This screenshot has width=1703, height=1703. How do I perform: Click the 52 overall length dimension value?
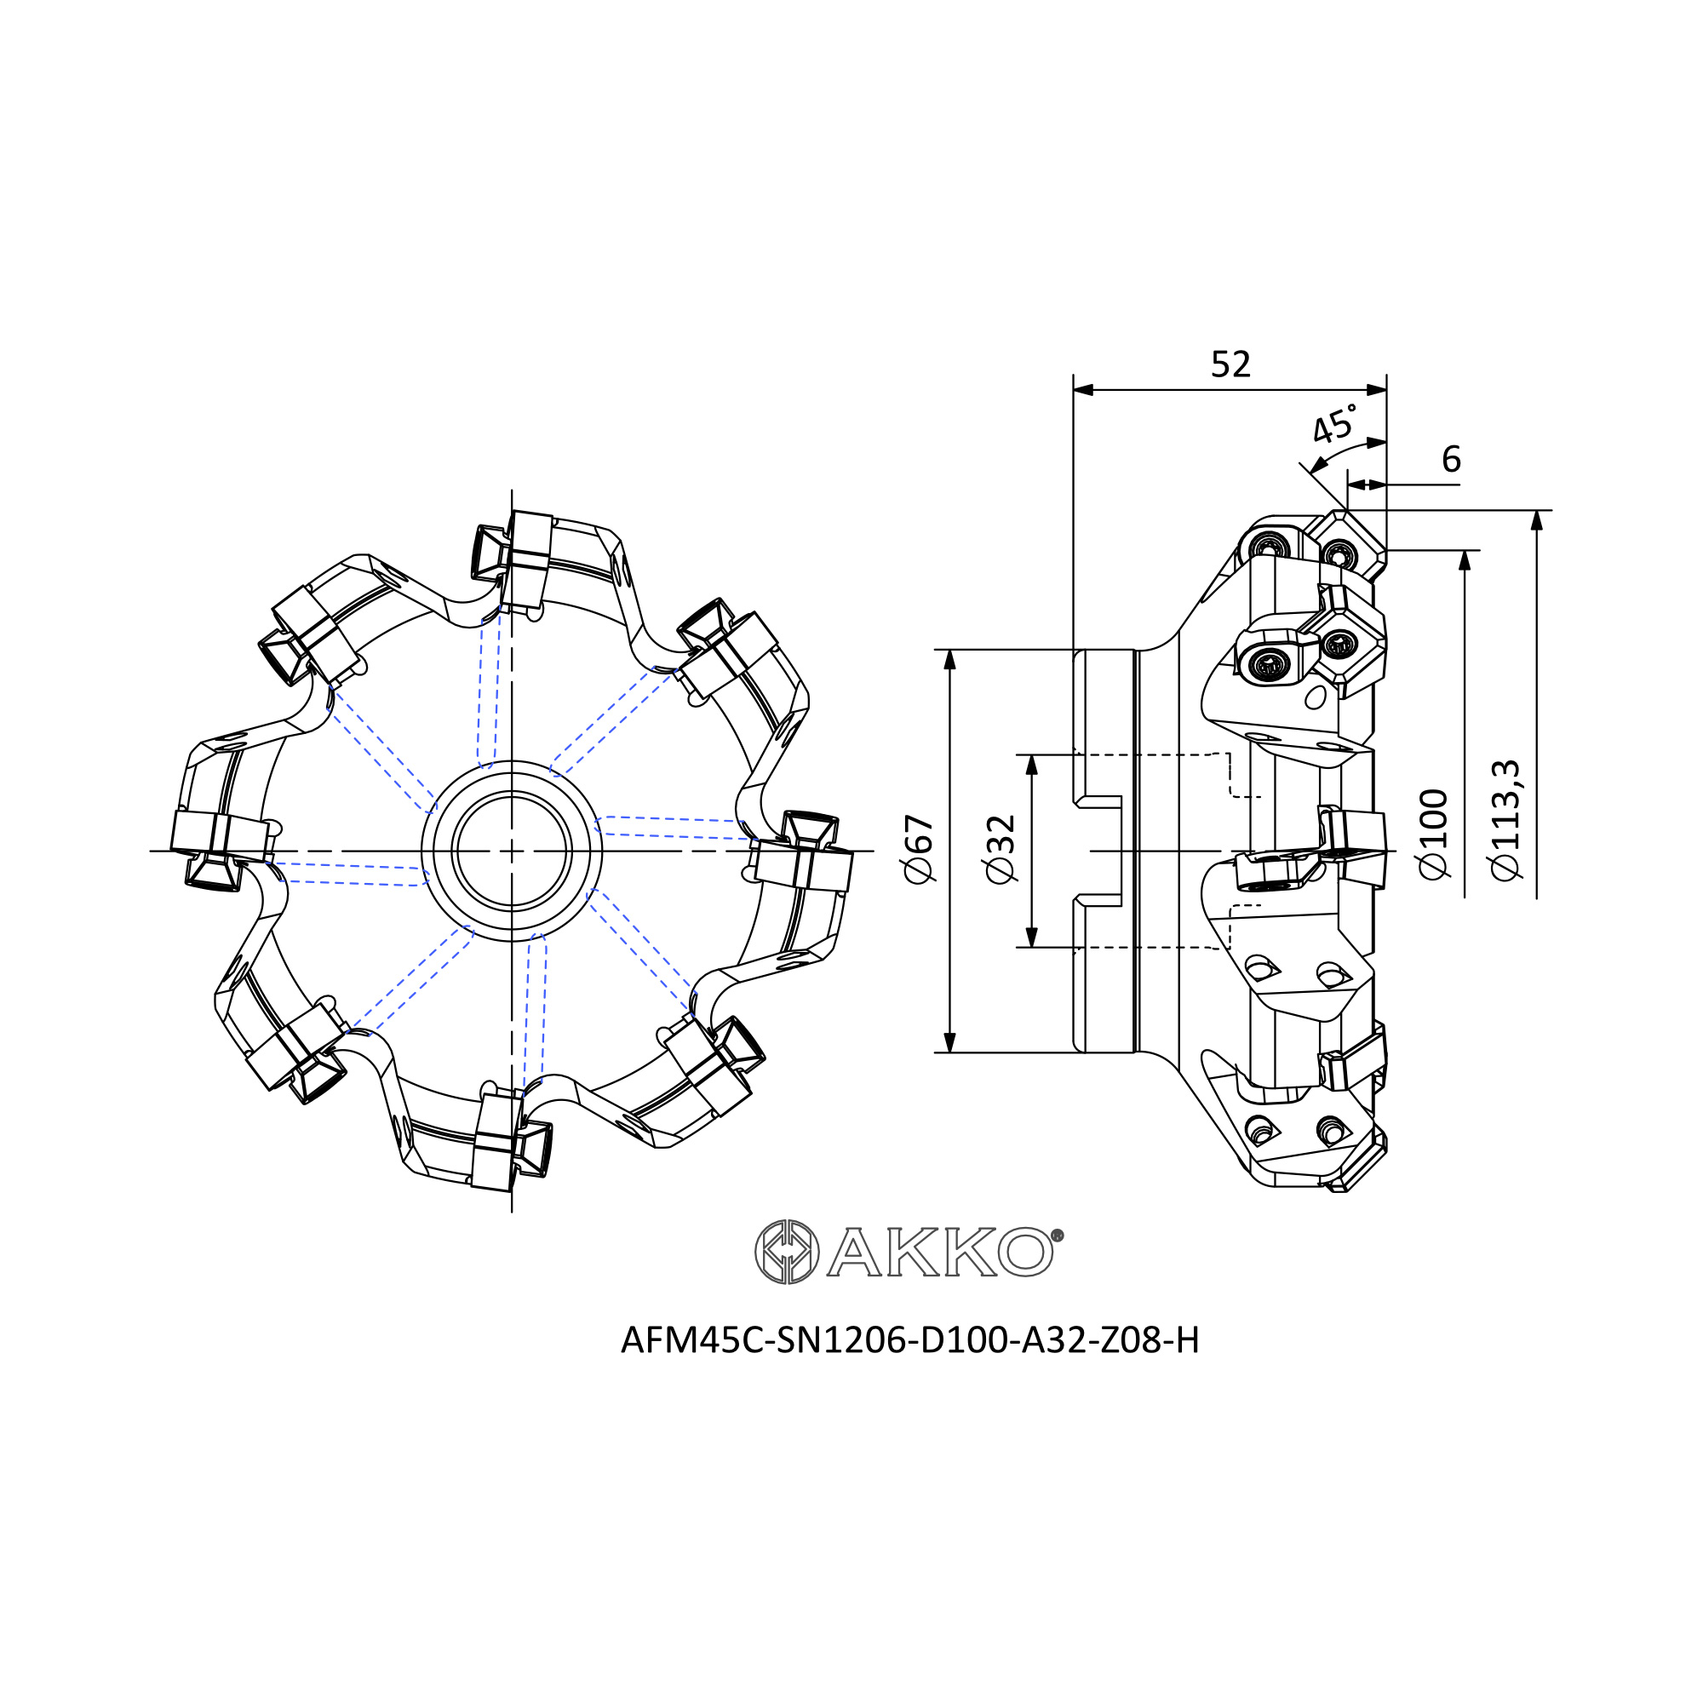coord(1230,364)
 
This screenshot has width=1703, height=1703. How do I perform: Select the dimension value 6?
coord(1451,458)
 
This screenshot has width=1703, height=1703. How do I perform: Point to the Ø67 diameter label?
coord(918,848)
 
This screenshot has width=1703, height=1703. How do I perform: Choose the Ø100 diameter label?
coord(1434,833)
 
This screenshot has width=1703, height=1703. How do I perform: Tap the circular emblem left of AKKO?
coord(786,1251)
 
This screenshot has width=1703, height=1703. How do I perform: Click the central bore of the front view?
coord(511,851)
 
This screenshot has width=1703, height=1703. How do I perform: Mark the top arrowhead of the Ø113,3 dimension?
coord(1537,520)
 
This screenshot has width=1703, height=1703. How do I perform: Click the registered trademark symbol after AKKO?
coord(1058,1236)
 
